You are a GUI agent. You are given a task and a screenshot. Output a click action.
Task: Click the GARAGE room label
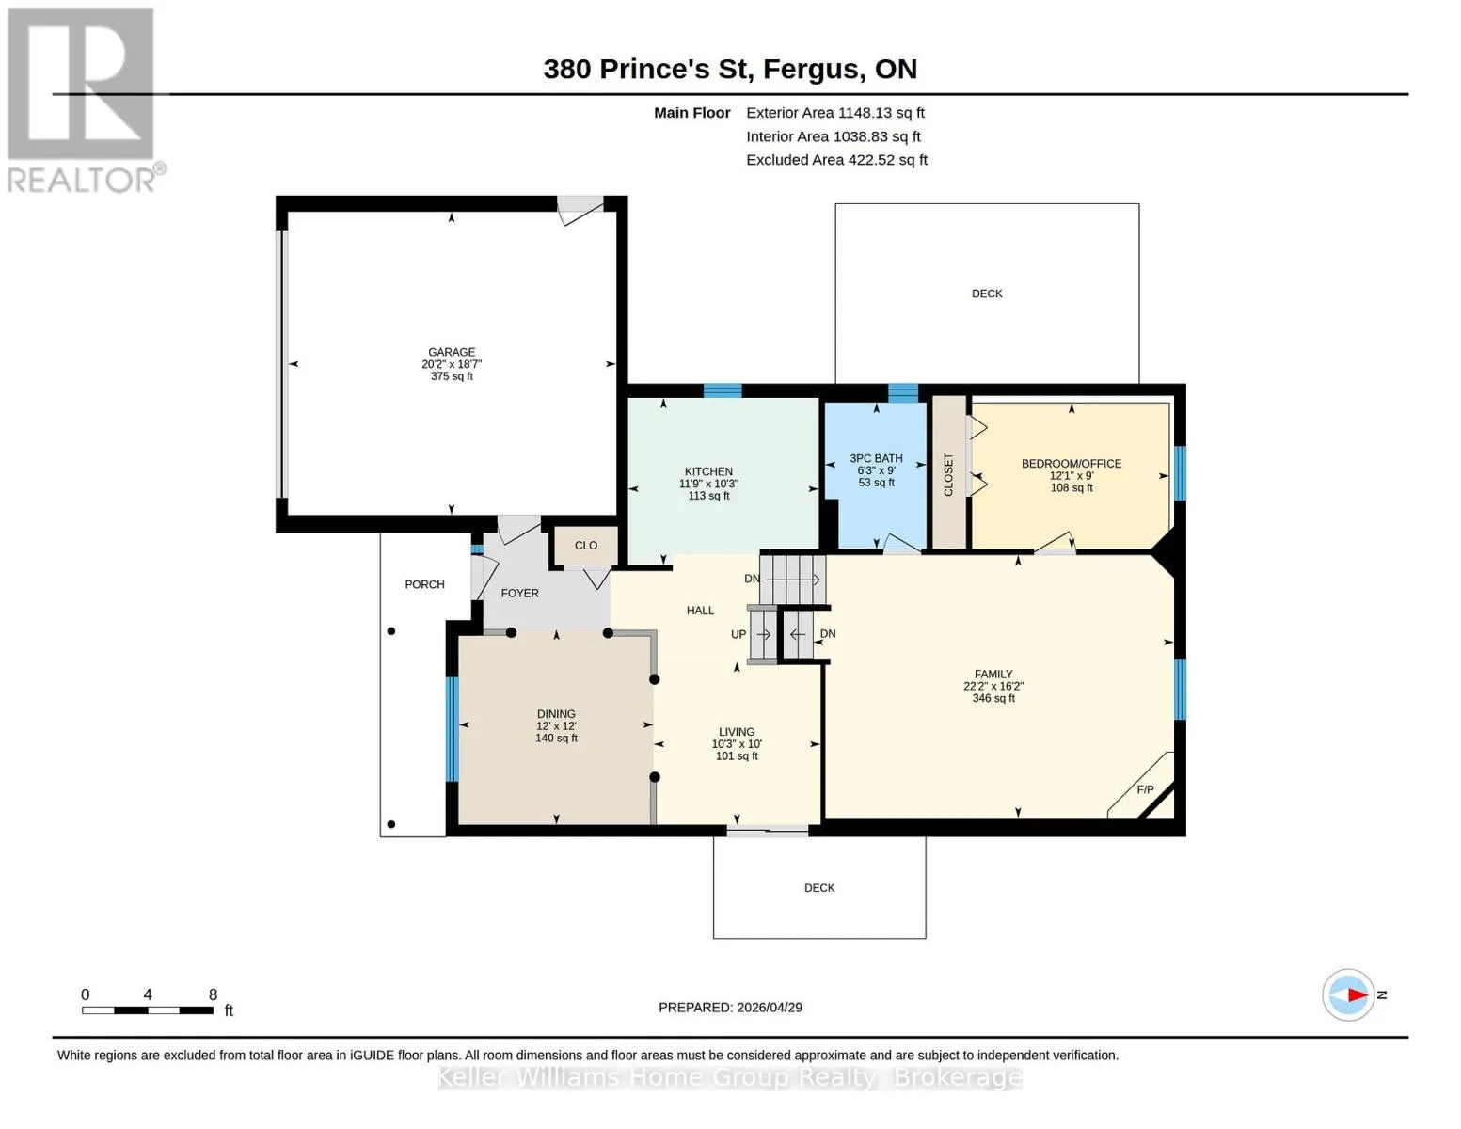click(452, 352)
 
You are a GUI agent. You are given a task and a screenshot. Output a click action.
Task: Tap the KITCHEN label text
click(708, 471)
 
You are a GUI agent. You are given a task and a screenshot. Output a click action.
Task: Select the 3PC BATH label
click(876, 458)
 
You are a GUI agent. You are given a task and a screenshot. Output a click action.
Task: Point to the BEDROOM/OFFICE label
click(1071, 463)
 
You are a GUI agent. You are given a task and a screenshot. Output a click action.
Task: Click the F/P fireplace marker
click(1145, 789)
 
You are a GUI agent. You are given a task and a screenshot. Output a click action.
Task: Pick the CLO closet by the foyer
click(585, 546)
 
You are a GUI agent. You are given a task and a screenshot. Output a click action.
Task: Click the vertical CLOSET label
click(948, 475)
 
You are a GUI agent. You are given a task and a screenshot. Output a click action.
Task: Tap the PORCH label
click(424, 584)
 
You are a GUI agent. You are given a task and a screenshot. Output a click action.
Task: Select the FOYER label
click(519, 593)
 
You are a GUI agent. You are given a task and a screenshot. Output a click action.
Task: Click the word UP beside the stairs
click(738, 634)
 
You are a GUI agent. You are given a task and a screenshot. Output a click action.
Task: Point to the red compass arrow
click(1357, 994)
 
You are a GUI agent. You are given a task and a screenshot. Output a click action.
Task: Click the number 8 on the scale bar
click(213, 994)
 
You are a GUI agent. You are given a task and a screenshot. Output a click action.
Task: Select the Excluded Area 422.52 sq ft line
click(836, 159)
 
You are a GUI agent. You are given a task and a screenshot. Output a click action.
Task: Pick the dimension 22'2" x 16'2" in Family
click(993, 686)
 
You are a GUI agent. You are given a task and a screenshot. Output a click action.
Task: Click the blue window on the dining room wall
click(452, 729)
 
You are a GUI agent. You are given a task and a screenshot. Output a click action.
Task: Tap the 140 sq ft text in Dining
click(556, 738)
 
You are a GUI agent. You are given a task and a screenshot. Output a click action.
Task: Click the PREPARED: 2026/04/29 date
click(730, 1008)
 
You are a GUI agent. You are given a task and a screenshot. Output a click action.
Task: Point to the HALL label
click(700, 610)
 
